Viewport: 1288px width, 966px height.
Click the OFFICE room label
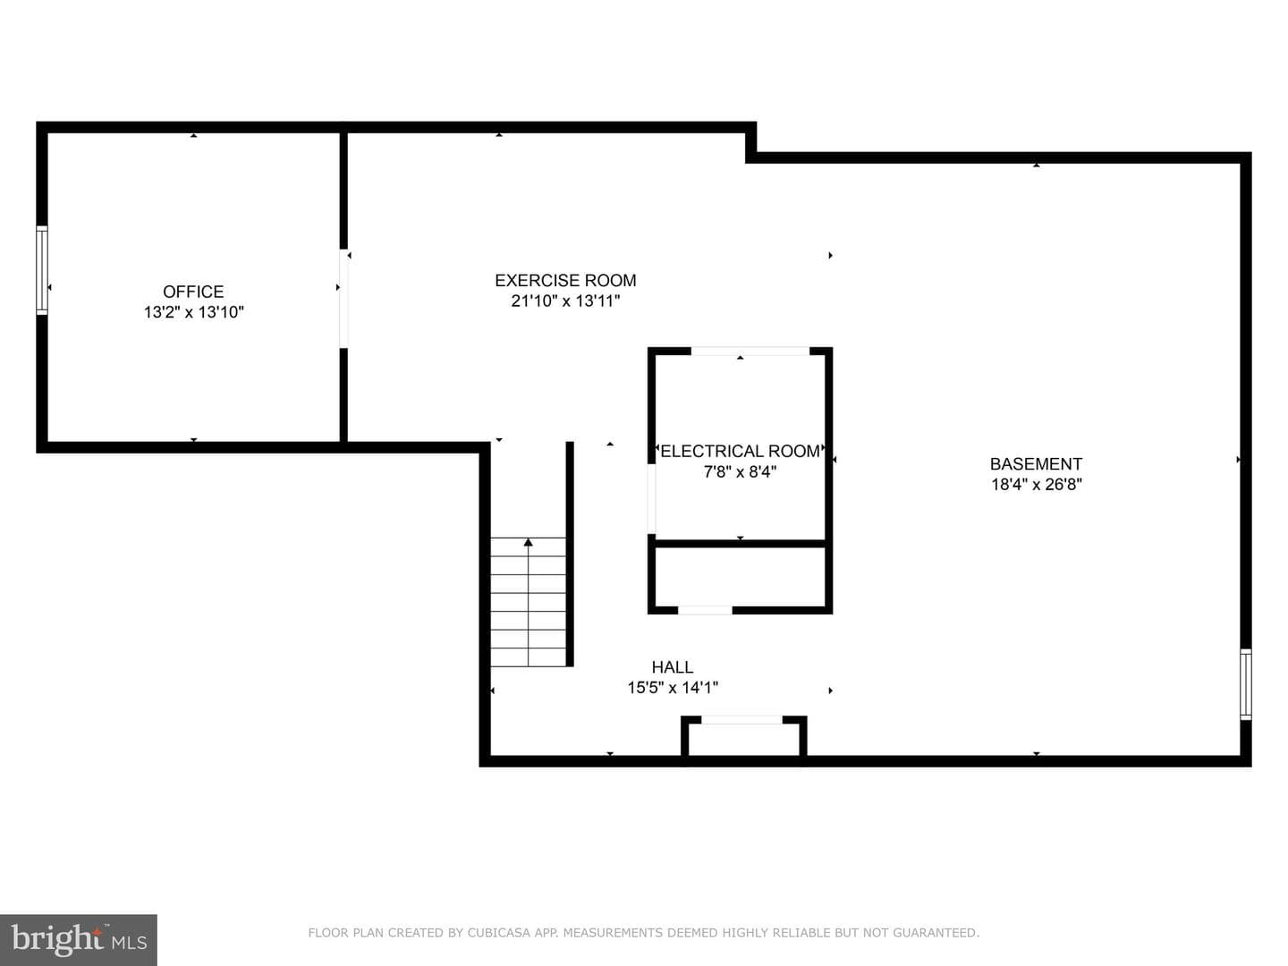coord(193,292)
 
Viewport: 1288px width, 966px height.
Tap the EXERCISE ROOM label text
coord(565,280)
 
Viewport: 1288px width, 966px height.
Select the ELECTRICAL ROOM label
coord(740,451)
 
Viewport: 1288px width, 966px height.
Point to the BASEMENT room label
coord(1036,464)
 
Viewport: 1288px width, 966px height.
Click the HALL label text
coord(673,667)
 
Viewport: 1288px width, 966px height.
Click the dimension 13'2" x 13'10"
coord(193,312)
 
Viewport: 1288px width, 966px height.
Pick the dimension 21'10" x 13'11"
coord(565,301)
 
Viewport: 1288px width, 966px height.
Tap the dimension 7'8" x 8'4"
coord(740,471)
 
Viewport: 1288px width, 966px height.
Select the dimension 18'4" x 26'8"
coord(1037,485)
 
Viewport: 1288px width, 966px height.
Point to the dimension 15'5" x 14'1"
coord(673,688)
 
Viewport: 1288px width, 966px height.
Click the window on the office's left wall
coord(42,270)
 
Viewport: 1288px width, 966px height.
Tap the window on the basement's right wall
coord(1245,684)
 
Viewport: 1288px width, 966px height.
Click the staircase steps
coord(528,602)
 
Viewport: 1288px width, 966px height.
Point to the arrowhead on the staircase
coord(528,543)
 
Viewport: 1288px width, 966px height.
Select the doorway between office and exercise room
coord(343,299)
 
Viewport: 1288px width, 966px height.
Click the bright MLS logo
coord(79,939)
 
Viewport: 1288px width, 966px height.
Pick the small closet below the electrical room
coord(740,577)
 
